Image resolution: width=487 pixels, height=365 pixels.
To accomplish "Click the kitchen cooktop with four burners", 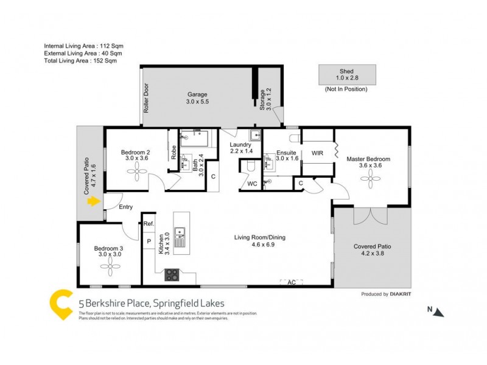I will (172, 274).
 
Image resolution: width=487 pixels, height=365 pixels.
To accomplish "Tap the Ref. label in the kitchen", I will (149, 224).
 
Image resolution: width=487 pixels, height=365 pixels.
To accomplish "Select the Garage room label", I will (197, 94).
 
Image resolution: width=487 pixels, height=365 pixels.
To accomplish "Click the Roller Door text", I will (146, 97).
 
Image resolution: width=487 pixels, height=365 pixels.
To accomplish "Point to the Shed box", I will (346, 75).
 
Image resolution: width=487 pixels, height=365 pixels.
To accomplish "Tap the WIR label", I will (317, 153).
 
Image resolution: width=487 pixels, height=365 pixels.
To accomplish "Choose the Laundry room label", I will (240, 145).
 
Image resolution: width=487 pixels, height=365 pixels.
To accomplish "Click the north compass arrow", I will (440, 312).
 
